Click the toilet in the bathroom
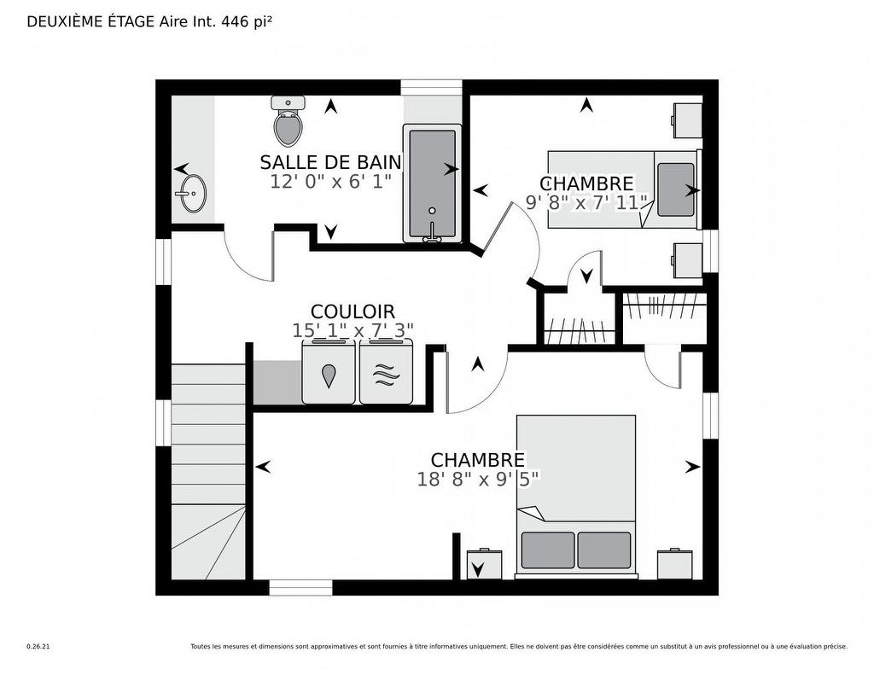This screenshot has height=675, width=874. [288, 123]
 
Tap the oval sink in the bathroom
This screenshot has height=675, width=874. [192, 194]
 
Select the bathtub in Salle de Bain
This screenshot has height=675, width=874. [432, 183]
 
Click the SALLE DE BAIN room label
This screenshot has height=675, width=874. [330, 162]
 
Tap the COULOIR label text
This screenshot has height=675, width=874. [353, 312]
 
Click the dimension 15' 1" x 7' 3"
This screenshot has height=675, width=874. [353, 330]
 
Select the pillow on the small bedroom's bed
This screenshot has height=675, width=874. [676, 189]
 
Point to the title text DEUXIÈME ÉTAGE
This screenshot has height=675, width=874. [91, 22]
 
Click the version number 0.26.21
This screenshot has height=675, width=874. [38, 647]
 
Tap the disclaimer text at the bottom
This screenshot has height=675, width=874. [519, 647]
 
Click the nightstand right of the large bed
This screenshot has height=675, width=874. [674, 564]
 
